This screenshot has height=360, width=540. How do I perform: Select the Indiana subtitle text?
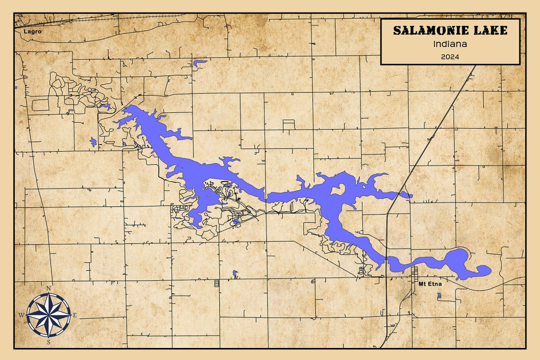tap(450, 44)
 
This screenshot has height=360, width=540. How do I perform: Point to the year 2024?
tap(450, 56)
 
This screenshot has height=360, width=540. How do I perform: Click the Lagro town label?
tap(31, 31)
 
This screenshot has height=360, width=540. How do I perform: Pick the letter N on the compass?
tap(48, 288)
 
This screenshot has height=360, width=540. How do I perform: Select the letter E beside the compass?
tap(75, 315)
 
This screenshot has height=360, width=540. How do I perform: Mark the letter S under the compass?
tap(48, 342)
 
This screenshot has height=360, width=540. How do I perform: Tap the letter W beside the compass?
tap(21, 315)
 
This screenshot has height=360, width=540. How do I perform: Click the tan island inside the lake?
tap(338, 189)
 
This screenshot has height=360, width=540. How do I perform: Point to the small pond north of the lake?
tap(199, 63)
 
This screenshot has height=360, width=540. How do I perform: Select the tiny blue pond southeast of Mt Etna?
tap(439, 295)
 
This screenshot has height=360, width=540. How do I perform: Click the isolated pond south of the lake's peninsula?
tap(235, 273)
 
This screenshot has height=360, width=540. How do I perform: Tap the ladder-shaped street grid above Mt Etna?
tap(414, 273)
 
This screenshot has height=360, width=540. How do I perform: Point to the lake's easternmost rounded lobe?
tap(483, 270)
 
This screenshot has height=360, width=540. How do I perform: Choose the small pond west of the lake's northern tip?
tap(93, 142)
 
